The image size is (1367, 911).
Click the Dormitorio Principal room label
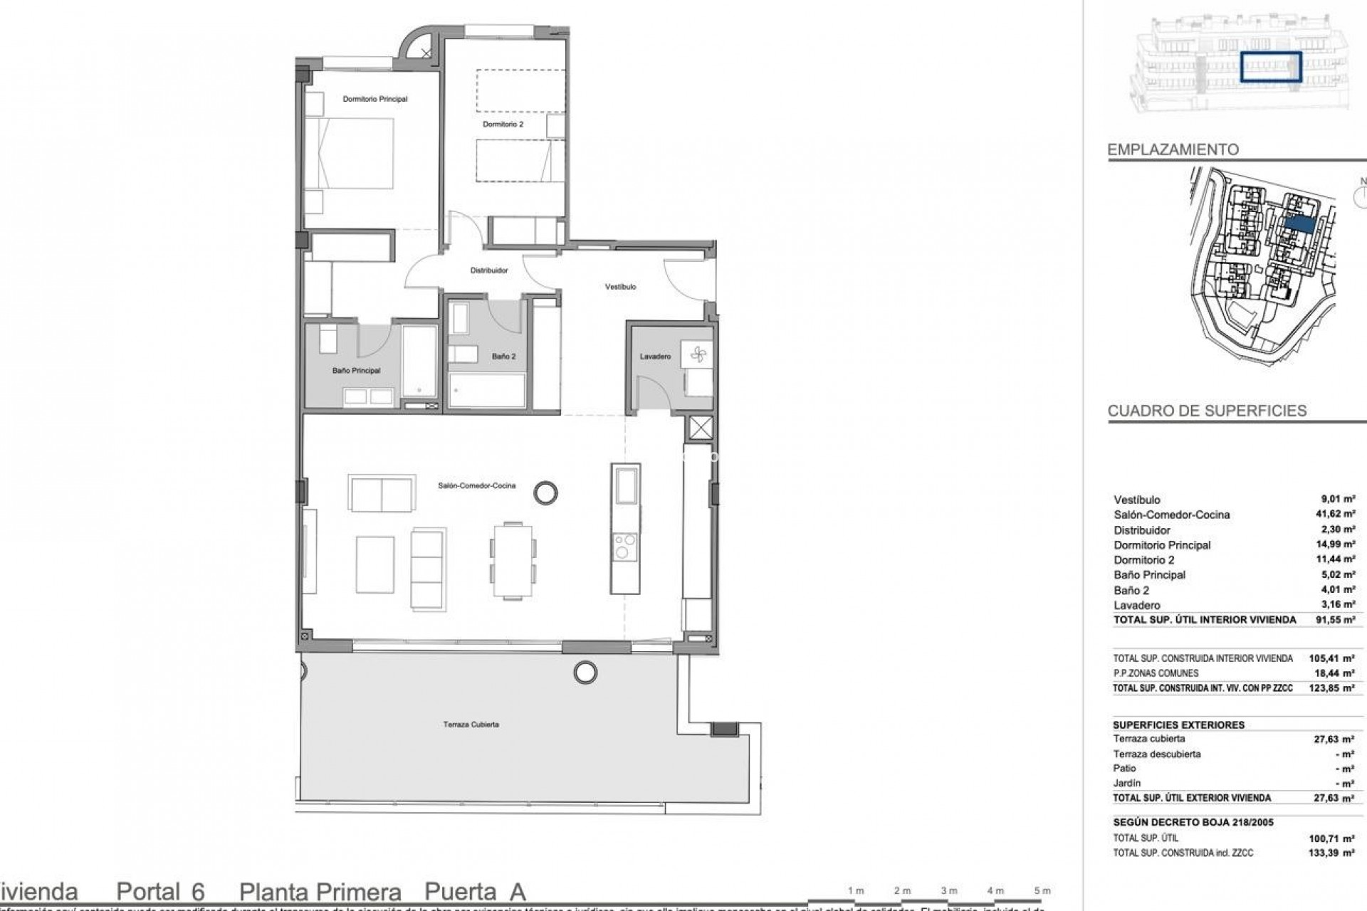pyautogui.click(x=375, y=99)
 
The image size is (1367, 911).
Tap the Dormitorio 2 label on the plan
pyautogui.click(x=503, y=125)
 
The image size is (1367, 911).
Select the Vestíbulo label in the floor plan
pyautogui.click(x=620, y=287)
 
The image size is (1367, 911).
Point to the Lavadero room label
pyautogui.click(x=654, y=357)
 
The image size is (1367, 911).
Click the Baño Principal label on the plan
pyautogui.click(x=356, y=371)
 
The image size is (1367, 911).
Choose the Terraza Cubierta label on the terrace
pyautogui.click(x=471, y=725)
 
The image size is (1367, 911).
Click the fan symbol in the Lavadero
pyautogui.click(x=696, y=354)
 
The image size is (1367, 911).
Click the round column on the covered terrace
pyautogui.click(x=585, y=670)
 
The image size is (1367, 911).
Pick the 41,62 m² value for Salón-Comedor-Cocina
pyautogui.click(x=1337, y=515)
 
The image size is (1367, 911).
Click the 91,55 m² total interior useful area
pyautogui.click(x=1337, y=620)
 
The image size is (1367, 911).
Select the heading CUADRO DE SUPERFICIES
pyautogui.click(x=1207, y=411)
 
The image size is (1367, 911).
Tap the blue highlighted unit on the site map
pyautogui.click(x=1299, y=223)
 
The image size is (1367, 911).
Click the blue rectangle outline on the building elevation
pyautogui.click(x=1271, y=68)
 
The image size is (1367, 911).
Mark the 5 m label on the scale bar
pyautogui.click(x=1042, y=890)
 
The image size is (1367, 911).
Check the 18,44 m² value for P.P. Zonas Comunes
pyautogui.click(x=1338, y=673)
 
